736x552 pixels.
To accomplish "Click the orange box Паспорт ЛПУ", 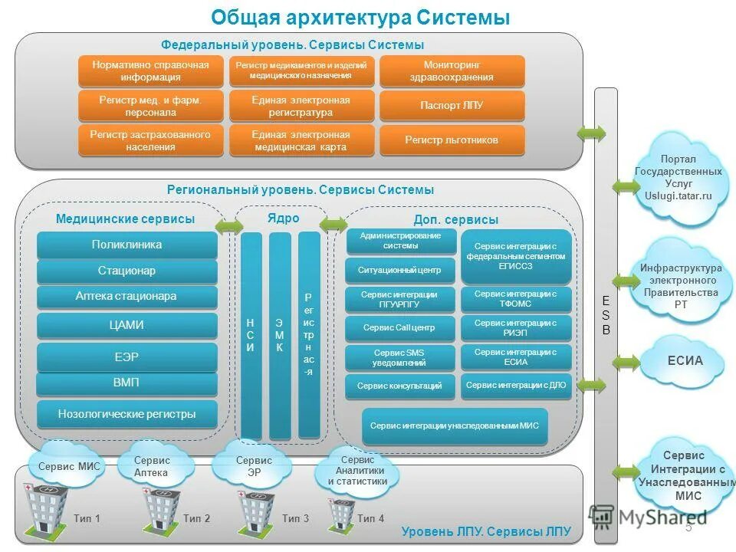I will click(452, 106).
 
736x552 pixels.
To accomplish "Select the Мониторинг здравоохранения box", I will click(452, 71).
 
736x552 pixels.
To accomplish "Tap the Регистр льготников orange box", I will click(452, 140).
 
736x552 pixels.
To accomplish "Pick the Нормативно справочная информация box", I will click(150, 71).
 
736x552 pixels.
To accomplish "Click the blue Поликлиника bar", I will click(127, 245).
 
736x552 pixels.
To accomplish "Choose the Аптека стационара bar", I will click(127, 297).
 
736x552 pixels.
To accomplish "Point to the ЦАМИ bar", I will click(127, 325).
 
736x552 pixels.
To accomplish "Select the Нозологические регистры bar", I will click(127, 414).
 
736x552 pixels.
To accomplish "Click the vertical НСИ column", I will click(251, 335).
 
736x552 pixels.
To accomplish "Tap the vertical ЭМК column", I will click(280, 335).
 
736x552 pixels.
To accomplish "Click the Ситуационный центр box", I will click(399, 271).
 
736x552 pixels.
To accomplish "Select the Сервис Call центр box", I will click(399, 328).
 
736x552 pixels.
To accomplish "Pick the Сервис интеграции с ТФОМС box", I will click(516, 299).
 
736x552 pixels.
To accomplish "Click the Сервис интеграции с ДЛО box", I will click(516, 386).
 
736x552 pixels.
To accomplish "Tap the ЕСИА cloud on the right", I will click(684, 361).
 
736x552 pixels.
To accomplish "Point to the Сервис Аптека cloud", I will click(152, 466).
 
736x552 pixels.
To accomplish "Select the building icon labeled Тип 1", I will click(43, 509).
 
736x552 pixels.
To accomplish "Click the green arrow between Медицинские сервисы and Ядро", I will click(228, 226).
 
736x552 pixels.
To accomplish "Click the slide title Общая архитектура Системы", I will click(360, 17).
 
